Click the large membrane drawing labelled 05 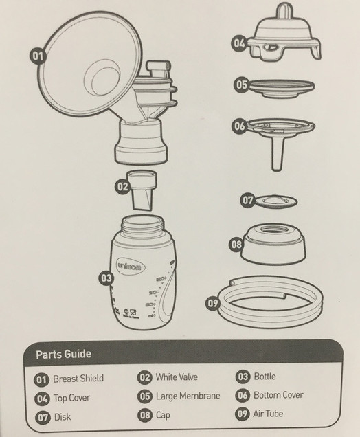tap(280, 87)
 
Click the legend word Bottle tap(265, 377)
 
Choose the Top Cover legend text tap(71, 397)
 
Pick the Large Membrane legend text tap(188, 396)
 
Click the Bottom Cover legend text tap(278, 395)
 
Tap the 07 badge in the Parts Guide tap(43, 416)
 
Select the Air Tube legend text tap(269, 414)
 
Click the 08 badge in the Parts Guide tap(144, 415)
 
